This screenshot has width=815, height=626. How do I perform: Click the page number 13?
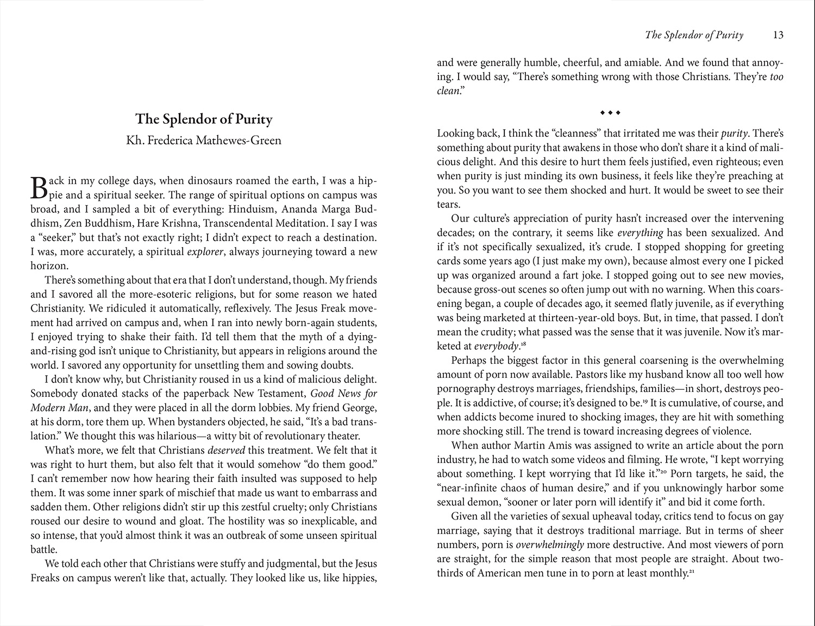(778, 35)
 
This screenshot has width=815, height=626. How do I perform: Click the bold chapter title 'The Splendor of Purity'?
(204, 119)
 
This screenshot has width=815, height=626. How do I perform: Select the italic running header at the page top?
(694, 35)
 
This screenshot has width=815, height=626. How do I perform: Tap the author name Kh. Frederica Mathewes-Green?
(204, 141)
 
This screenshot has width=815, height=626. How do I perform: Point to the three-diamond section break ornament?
(610, 113)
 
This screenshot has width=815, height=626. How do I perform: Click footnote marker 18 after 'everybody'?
(524, 344)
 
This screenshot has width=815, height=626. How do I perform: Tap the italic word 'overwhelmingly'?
(549, 545)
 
